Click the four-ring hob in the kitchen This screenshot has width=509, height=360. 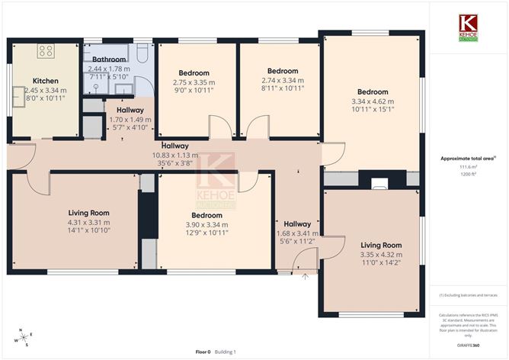click(45, 52)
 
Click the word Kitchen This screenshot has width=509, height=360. click(45, 80)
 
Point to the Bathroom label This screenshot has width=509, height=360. click(110, 58)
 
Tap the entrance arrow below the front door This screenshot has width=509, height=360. click(304, 276)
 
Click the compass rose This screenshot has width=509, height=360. click(25, 336)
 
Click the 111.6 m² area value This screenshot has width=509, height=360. click(464, 167)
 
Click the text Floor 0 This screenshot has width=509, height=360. click(202, 352)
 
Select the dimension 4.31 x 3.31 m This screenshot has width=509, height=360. click(89, 222)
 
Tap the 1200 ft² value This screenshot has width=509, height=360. click(464, 175)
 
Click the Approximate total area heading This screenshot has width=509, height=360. click(464, 159)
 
